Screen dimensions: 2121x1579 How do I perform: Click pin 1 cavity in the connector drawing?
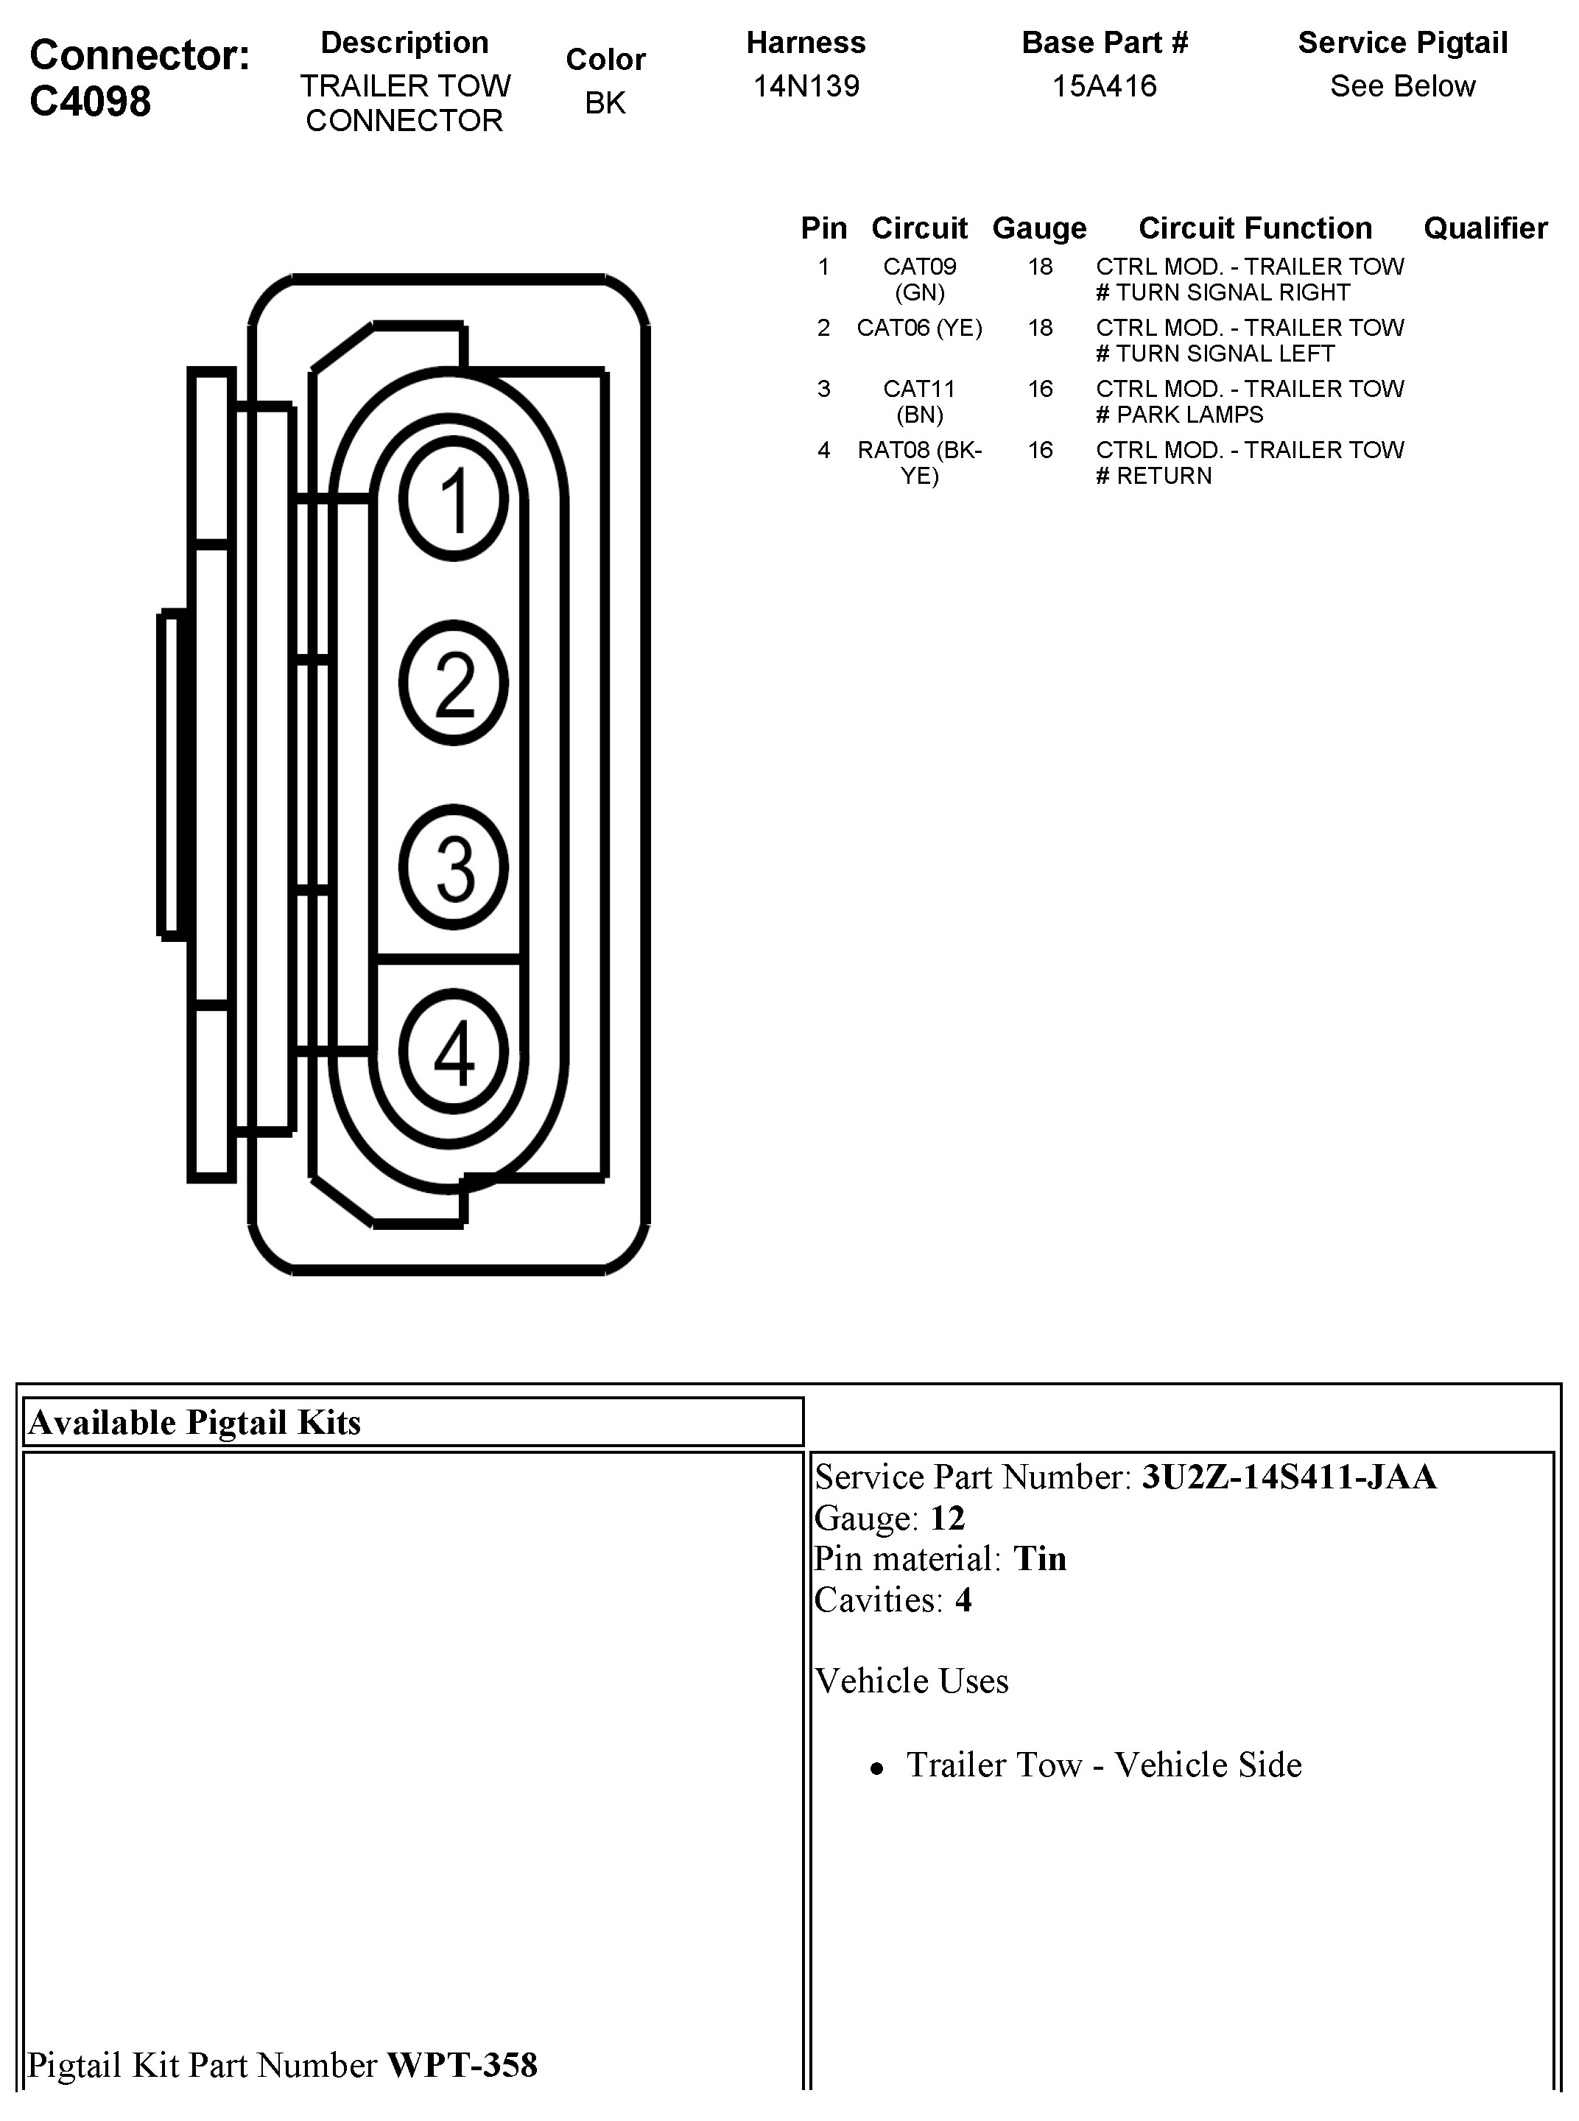[454, 499]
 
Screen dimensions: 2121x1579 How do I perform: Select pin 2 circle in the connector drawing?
[454, 683]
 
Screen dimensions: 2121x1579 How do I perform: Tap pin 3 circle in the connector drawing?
[454, 867]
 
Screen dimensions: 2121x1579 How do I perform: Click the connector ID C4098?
[90, 102]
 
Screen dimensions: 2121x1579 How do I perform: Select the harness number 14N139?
[806, 86]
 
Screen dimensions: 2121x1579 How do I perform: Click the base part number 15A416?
[1104, 86]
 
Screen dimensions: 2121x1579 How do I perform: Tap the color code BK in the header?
[605, 102]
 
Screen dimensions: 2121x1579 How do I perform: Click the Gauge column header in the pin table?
[1039, 228]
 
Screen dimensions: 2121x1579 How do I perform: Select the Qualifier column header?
[1485, 228]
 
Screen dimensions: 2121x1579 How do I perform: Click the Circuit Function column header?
[1255, 228]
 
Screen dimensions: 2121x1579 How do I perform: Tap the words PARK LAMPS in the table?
[1190, 415]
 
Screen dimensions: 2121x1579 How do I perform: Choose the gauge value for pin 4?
[1040, 450]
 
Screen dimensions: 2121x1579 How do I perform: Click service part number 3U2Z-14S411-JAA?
[1288, 1477]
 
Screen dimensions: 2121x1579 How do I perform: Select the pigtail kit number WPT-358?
[462, 2064]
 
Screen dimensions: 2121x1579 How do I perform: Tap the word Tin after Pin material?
[1039, 1559]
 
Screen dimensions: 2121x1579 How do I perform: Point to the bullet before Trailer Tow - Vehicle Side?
[876, 1769]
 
